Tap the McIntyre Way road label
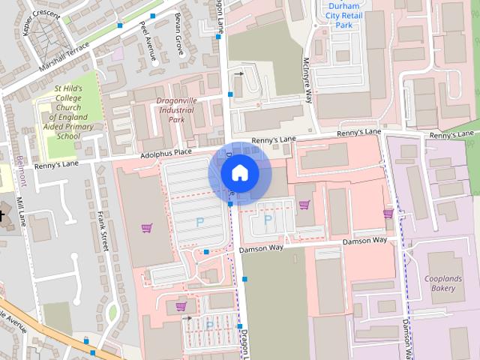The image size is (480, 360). (x=307, y=73)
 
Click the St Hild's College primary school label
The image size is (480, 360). (x=67, y=112)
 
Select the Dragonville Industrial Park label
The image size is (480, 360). (x=176, y=109)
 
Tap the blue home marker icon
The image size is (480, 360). (x=239, y=173)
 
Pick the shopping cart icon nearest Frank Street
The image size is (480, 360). (x=146, y=227)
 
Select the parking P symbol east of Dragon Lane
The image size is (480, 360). (x=267, y=220)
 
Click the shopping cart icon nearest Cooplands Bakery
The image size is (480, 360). (x=388, y=214)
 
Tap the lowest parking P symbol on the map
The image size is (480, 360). (x=209, y=325)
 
